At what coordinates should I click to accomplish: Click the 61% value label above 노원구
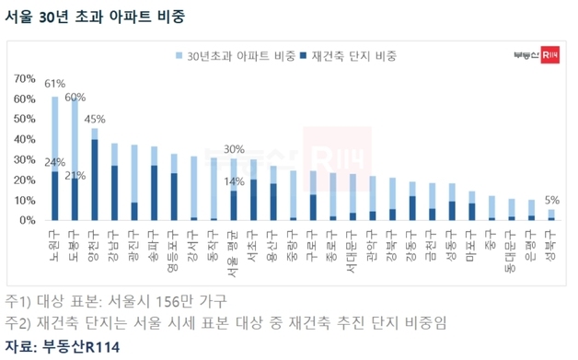point(54,84)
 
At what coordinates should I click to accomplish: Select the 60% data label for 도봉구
point(75,97)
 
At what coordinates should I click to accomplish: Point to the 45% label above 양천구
point(96,119)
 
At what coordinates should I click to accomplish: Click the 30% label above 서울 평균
point(235,149)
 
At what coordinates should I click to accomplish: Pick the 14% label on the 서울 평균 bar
point(233,182)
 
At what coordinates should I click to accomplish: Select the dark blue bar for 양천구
point(96,180)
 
